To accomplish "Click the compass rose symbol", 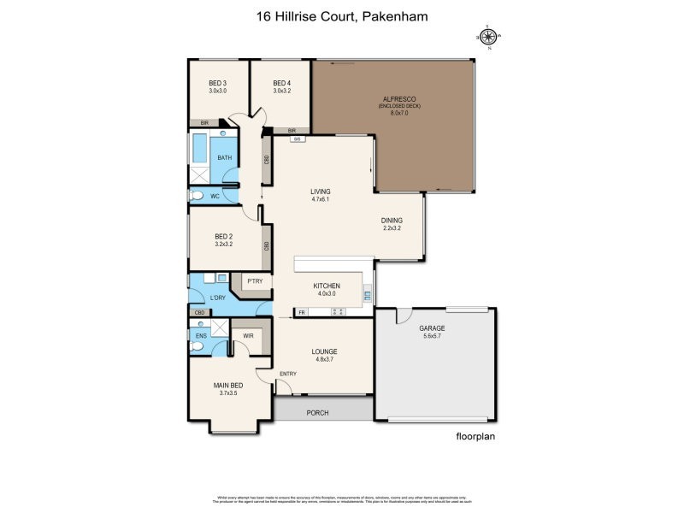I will (x=488, y=36).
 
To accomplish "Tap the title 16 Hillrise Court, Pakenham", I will (x=341, y=15).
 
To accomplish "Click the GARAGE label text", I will (x=432, y=328).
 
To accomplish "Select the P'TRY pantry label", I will (x=253, y=281).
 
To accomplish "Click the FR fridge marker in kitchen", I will (x=302, y=313).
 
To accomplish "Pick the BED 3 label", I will (x=217, y=83).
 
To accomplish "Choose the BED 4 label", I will (x=282, y=83).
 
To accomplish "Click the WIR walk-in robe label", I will (x=248, y=336).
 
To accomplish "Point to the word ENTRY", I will (x=287, y=374).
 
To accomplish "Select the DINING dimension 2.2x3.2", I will (x=391, y=228).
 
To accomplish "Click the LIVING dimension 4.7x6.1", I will (x=321, y=198).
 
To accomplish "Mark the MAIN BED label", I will (x=228, y=385).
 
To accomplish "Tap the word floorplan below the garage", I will (x=475, y=436).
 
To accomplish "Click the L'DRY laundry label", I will (x=217, y=298).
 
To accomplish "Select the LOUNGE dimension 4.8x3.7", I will (x=324, y=359).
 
